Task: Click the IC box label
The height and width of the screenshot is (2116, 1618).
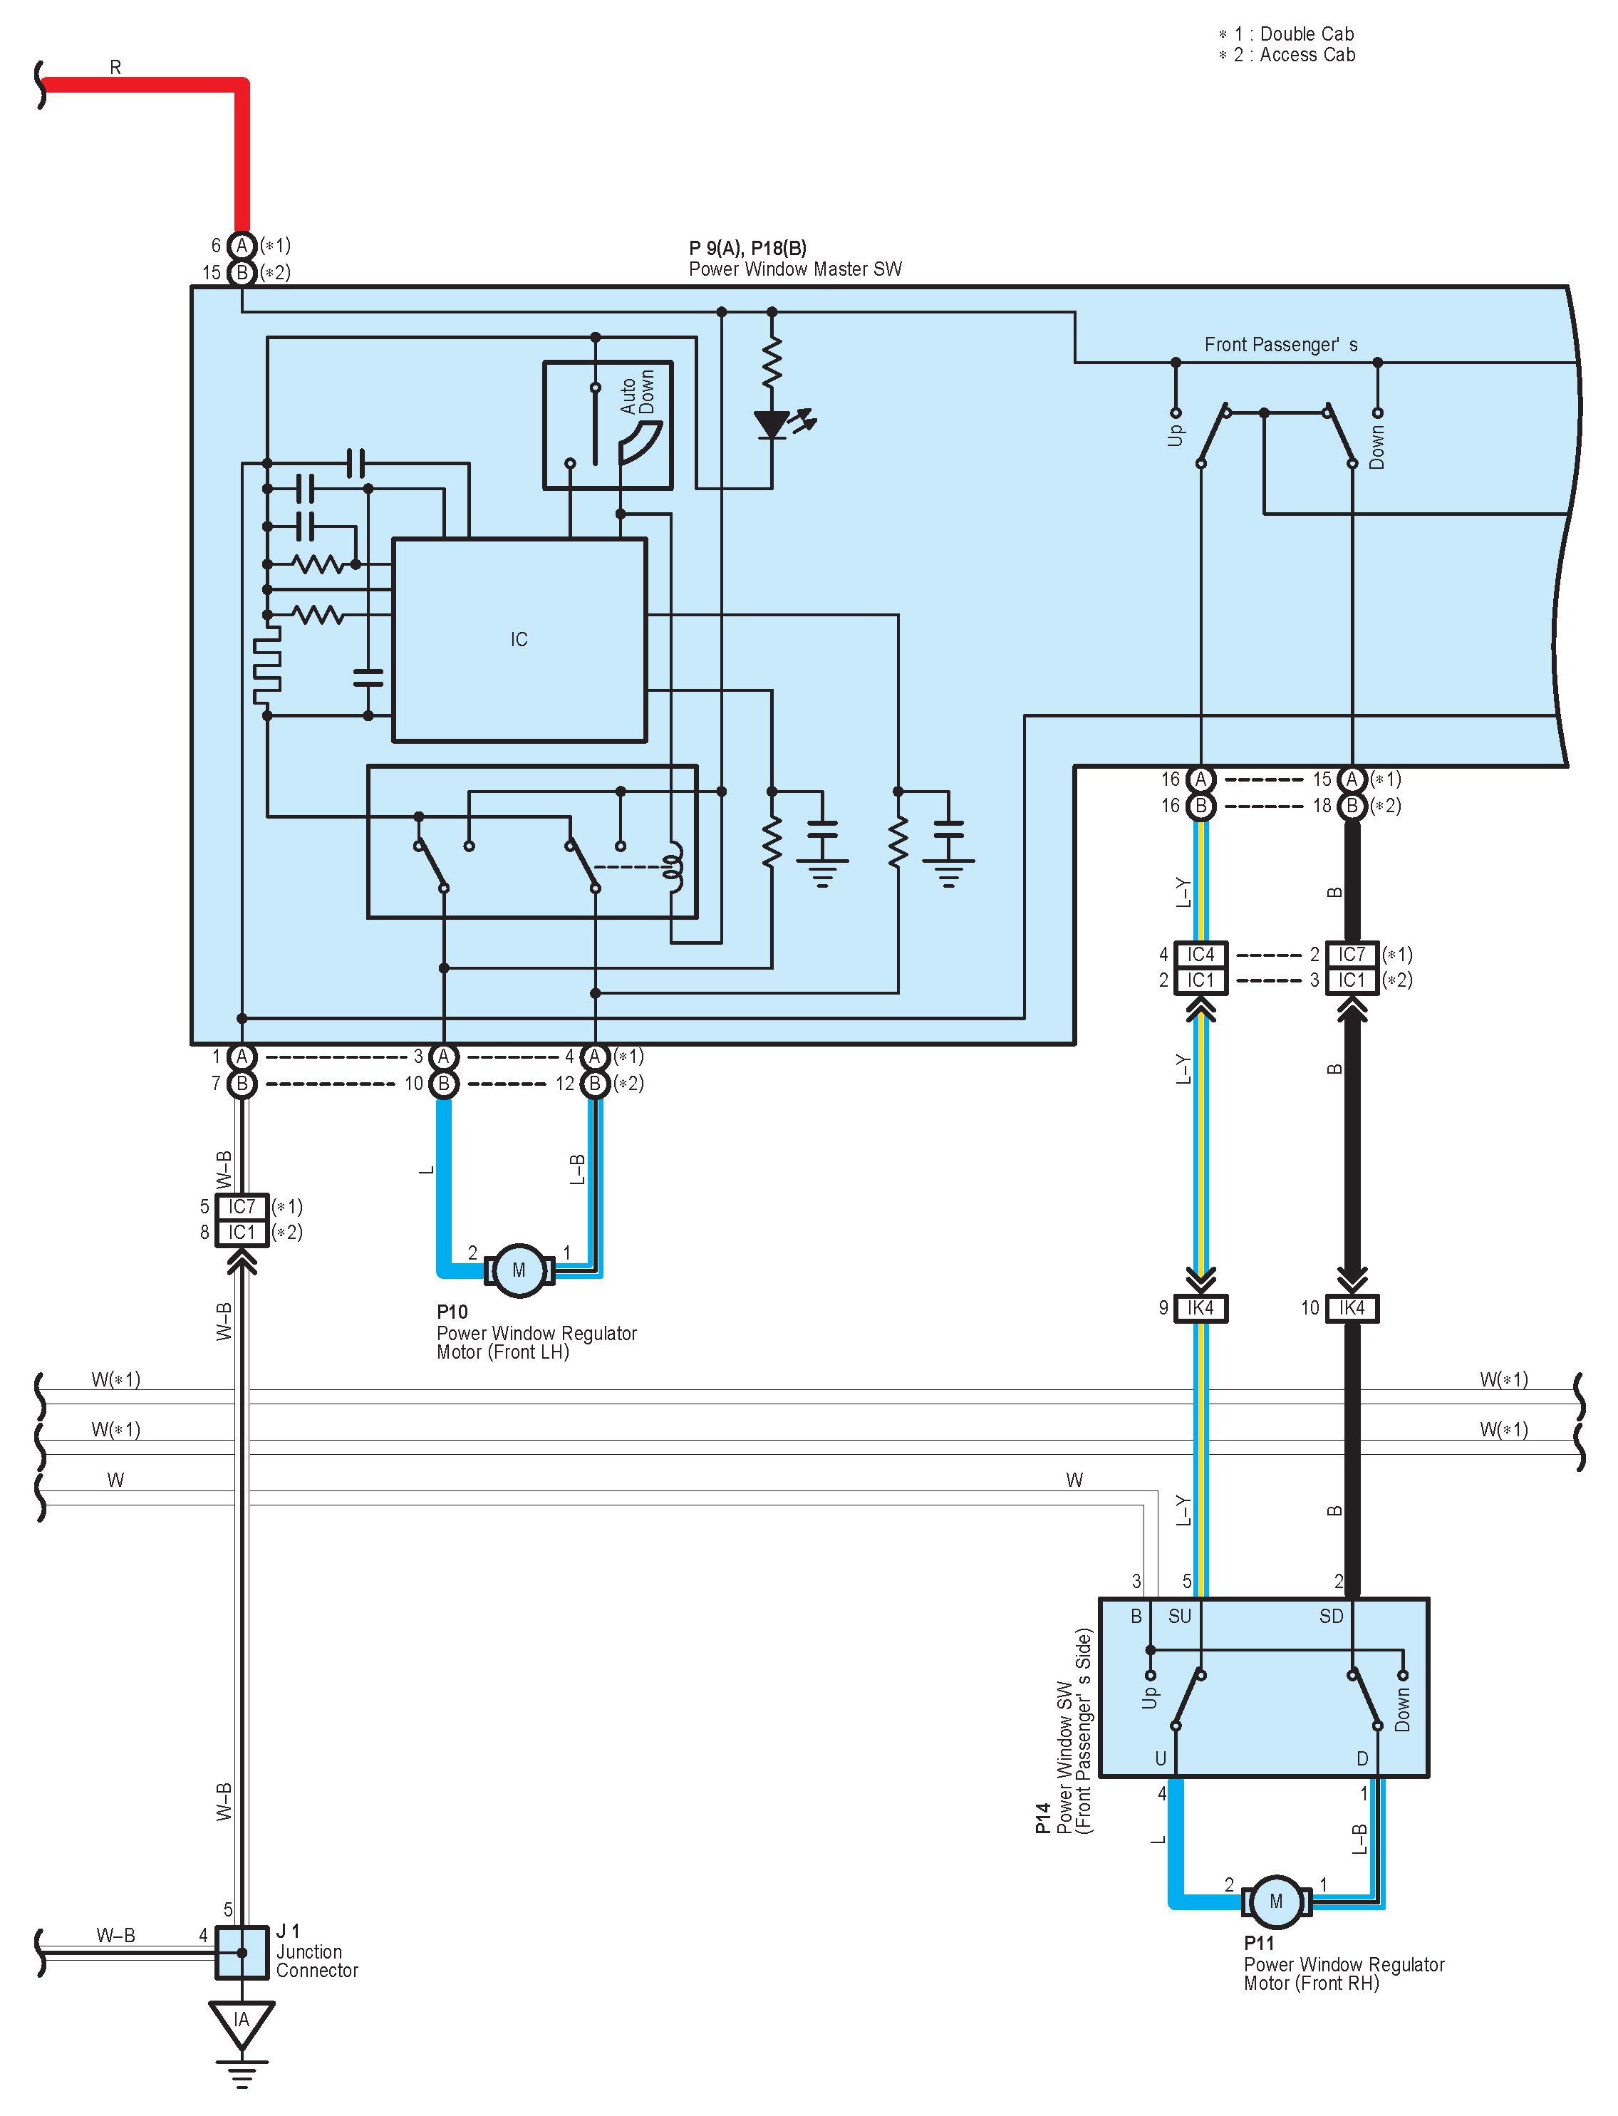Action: [x=519, y=640]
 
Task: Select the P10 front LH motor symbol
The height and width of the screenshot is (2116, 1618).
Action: [x=519, y=1270]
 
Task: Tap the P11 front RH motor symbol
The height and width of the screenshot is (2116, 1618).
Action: [x=1276, y=1902]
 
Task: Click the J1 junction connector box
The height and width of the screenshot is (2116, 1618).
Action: [x=242, y=1952]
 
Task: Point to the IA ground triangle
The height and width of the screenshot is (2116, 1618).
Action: [x=242, y=2022]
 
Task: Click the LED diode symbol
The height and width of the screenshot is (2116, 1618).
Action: [x=772, y=425]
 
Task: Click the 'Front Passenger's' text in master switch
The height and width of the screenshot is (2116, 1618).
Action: [x=1281, y=345]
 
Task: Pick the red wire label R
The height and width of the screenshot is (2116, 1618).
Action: [x=115, y=68]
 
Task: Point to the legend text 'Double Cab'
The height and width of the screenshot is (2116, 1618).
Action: [x=1307, y=33]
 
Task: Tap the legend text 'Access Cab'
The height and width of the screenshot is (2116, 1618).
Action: [x=1307, y=55]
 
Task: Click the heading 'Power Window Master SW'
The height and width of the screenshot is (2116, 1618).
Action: [x=796, y=270]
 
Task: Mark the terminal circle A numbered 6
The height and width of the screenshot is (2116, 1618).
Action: [x=242, y=246]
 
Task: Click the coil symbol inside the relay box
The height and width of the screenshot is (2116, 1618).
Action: [x=673, y=864]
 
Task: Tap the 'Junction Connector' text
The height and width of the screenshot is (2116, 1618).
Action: [x=317, y=1961]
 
